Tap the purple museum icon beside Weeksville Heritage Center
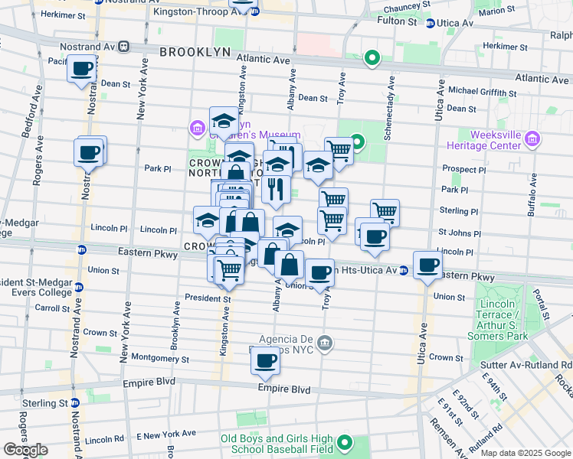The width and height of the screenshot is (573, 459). [x=534, y=139]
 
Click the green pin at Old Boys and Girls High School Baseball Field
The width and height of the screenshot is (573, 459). [x=345, y=442]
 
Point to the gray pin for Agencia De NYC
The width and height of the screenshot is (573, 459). [x=326, y=341]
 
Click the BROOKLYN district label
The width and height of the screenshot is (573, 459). [x=195, y=51]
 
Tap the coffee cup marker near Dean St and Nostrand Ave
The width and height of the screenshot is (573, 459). [x=80, y=70]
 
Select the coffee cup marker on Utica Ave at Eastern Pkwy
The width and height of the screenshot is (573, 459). [x=428, y=265]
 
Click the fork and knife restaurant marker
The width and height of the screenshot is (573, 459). [x=276, y=189]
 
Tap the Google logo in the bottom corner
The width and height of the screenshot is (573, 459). [x=25, y=450]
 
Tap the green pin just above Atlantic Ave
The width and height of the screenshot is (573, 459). [x=372, y=57]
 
